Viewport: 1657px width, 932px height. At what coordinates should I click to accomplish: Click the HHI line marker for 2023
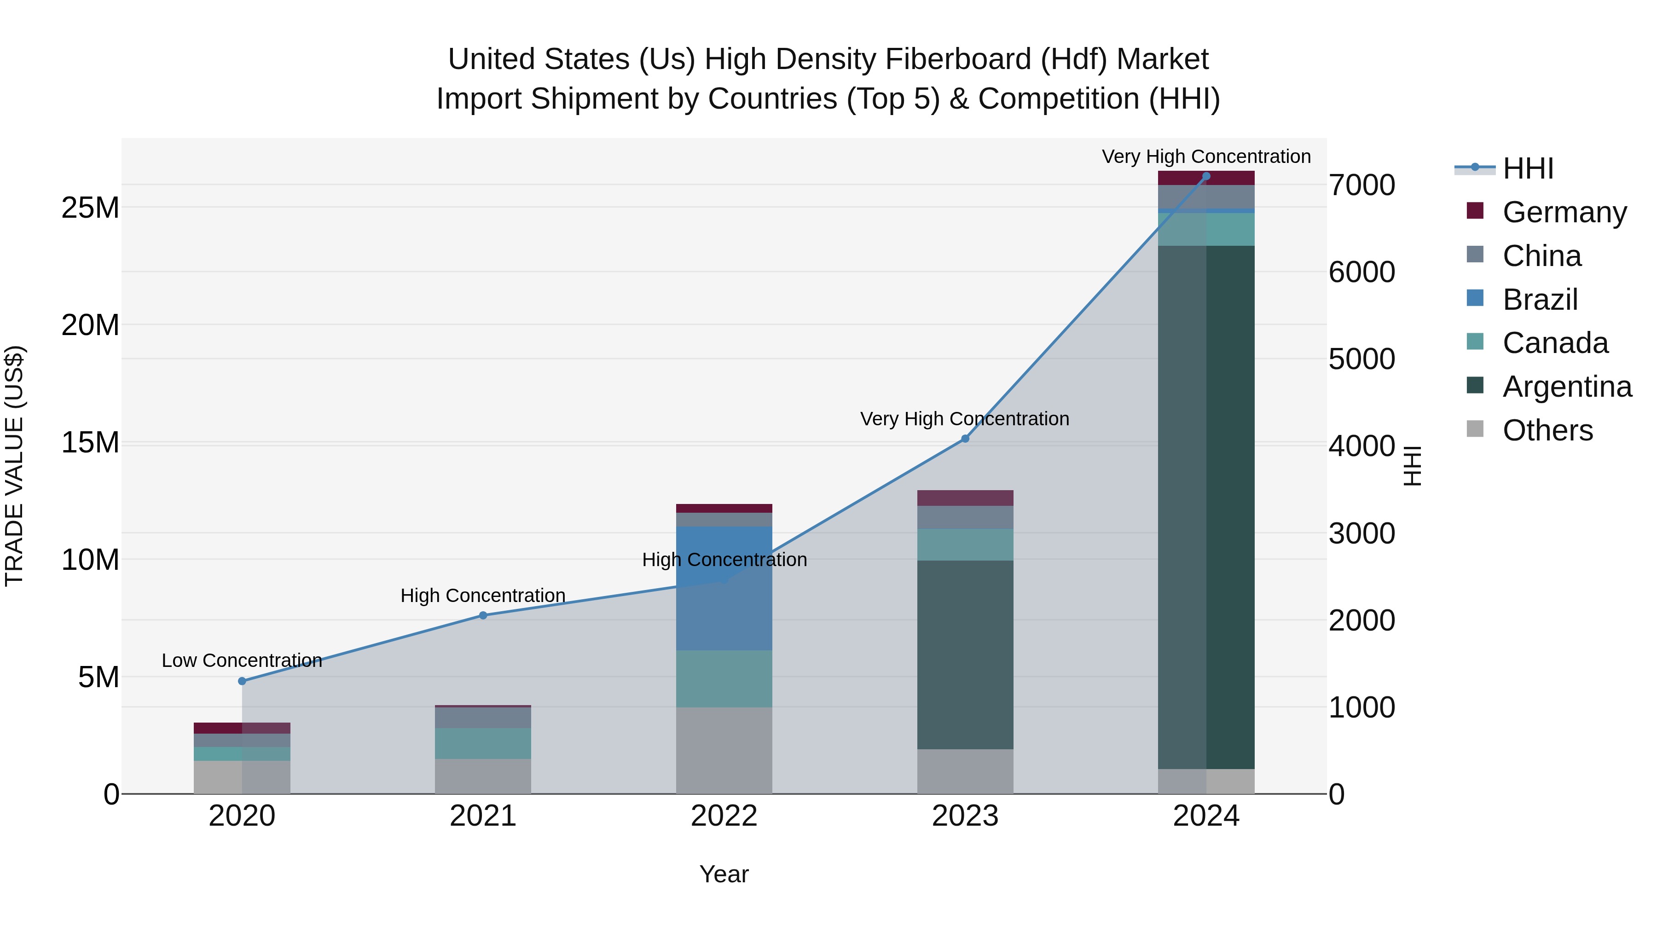coord(965,439)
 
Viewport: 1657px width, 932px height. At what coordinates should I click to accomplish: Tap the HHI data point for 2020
coord(242,681)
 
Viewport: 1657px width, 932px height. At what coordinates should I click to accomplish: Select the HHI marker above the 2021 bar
coord(483,615)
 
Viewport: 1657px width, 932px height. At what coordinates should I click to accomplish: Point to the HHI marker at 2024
coord(1206,176)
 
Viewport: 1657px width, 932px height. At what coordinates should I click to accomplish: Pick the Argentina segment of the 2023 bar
coord(965,655)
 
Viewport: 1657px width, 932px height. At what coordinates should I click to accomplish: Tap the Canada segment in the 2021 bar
coord(483,744)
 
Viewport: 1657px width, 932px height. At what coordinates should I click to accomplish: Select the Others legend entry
coord(1547,430)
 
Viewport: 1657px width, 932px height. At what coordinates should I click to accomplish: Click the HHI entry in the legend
coord(1528,168)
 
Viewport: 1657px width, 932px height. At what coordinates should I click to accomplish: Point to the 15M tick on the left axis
coord(90,442)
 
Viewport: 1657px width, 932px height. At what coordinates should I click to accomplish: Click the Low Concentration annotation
coord(242,660)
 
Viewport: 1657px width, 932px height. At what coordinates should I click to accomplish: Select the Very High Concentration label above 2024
coord(1206,156)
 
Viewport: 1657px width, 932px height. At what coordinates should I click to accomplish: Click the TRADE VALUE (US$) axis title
coord(14,466)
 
